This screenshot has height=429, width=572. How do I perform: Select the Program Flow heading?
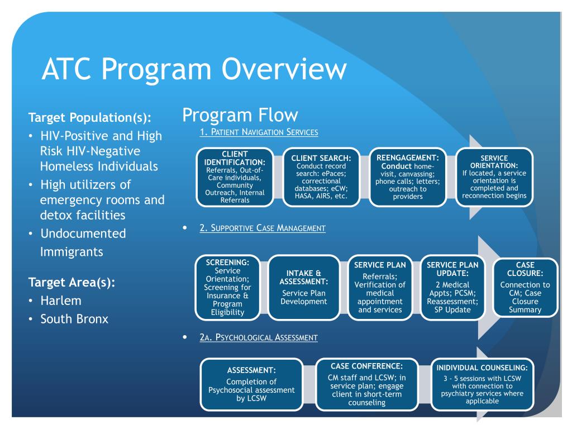click(240, 116)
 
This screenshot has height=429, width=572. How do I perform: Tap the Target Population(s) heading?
click(90, 118)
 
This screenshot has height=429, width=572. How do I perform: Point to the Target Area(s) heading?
click(72, 282)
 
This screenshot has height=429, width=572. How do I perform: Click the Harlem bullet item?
click(61, 301)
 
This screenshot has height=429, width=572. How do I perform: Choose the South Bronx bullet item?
click(74, 319)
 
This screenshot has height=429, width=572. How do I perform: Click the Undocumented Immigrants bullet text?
click(83, 242)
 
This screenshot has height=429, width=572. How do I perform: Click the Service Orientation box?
click(494, 176)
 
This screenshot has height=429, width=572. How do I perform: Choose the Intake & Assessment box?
click(304, 287)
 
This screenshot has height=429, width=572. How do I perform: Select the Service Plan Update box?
click(452, 287)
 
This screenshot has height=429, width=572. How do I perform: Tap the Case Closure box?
click(525, 287)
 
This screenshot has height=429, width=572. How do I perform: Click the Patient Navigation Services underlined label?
click(259, 132)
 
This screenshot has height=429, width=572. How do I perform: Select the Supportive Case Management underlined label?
click(262, 228)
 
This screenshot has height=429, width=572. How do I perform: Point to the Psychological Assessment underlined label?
click(259, 337)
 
